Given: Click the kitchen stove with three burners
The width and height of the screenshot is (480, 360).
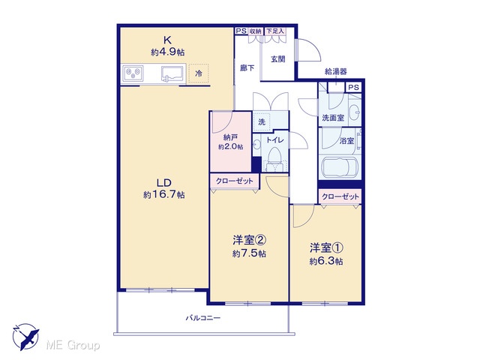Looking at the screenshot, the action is coord(133,73).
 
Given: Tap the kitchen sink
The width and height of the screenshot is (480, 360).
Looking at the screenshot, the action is coord(172,74).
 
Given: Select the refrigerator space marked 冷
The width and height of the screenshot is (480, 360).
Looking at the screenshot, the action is coord(199,73).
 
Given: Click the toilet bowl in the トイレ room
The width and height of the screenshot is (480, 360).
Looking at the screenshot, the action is coord(275,155).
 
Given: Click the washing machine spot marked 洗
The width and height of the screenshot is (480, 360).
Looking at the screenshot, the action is coord(262,121).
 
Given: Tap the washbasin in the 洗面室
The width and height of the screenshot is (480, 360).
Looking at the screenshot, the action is coord(355,112).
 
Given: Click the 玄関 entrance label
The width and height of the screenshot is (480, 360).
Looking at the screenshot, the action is coord(278,59).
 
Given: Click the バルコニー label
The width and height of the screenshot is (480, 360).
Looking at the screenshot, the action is coord(203,318).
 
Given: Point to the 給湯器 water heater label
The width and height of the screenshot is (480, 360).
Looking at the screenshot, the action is coord(336,72).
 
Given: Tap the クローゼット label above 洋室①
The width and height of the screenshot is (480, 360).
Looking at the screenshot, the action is coord(340,196).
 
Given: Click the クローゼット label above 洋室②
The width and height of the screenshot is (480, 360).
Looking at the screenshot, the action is coord(235,181).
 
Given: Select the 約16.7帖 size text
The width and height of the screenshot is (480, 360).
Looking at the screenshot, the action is coord(164,195).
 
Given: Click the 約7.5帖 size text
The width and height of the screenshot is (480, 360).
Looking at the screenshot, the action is coord(249,253).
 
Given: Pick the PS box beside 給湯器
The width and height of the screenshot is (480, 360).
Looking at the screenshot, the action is coord(353,87).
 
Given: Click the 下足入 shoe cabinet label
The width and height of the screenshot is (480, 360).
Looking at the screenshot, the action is coord(275,31).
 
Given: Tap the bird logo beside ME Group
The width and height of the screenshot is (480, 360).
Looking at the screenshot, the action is coord(25,337).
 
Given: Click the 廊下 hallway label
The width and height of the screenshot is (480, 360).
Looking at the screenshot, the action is coord(247,67).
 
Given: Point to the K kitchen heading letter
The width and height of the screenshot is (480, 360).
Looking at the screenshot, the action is coord(167,40).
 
